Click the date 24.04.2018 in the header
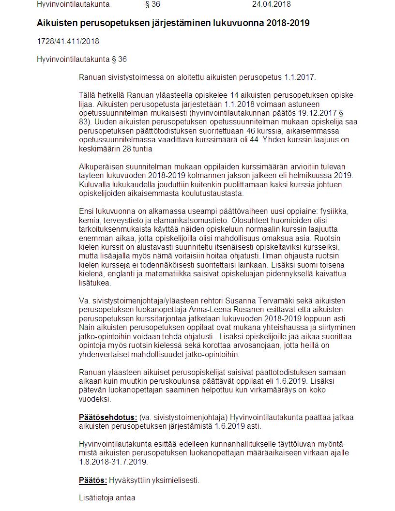271,4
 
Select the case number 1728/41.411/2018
68,41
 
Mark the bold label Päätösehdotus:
108,417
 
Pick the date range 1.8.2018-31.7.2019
113,462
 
